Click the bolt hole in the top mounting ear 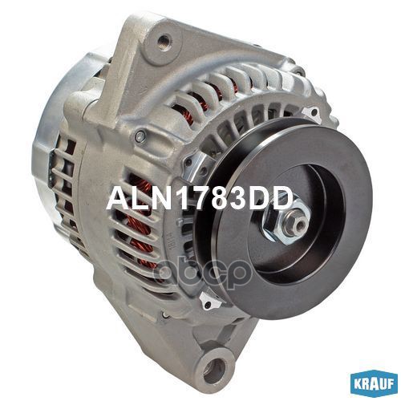click(x=165, y=38)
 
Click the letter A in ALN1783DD click(x=117, y=199)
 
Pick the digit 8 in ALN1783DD click(x=217, y=199)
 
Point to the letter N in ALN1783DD click(x=157, y=199)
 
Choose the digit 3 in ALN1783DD click(x=237, y=199)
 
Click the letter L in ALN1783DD click(x=136, y=199)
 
